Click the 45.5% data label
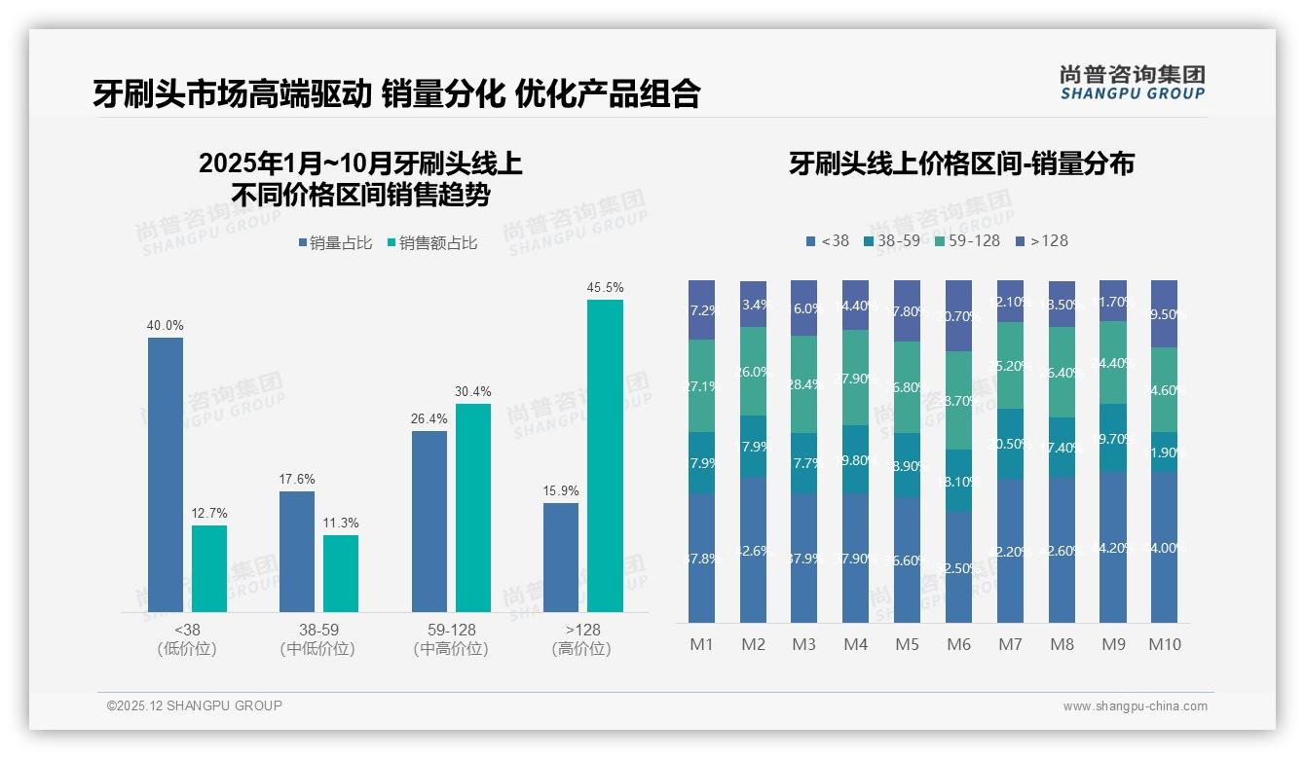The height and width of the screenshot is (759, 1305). coord(605,288)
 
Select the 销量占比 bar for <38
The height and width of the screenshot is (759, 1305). coord(166,475)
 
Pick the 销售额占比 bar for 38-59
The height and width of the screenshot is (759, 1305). coord(341,573)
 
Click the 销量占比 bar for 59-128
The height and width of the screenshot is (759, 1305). coord(429,522)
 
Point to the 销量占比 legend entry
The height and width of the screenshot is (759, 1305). coord(336,243)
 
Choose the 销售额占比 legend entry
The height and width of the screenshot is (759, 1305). coord(432,243)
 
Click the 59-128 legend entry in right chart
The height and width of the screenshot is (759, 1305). coord(967,240)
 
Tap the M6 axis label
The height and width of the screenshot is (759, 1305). coord(959,644)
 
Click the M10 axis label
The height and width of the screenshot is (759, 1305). coord(1164,644)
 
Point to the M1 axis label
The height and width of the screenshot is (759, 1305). coord(701,644)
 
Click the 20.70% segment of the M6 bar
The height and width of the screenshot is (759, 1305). coord(959,316)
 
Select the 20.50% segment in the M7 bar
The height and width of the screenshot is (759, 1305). coord(1010,444)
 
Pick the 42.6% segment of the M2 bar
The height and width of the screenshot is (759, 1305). coord(753,550)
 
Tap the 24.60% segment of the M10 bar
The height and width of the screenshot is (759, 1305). coord(1164,389)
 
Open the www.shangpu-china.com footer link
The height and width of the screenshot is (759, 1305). coord(1135,706)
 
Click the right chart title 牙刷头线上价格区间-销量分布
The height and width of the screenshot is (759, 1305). coord(961,163)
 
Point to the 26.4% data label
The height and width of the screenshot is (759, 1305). coord(429,419)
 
